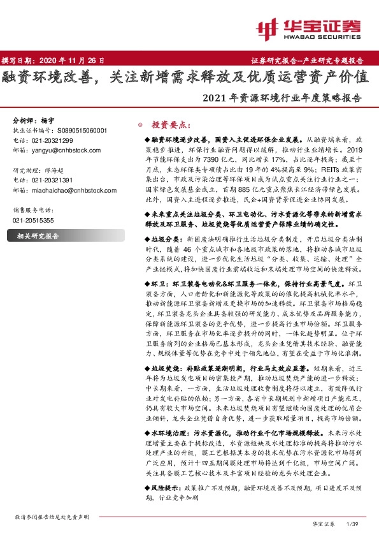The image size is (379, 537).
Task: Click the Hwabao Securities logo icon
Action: pyautogui.click(x=267, y=27)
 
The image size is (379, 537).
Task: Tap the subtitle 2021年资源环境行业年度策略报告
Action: pyautogui.click(x=281, y=99)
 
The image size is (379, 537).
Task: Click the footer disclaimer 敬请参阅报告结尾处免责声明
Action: pyautogui.click(x=52, y=517)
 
